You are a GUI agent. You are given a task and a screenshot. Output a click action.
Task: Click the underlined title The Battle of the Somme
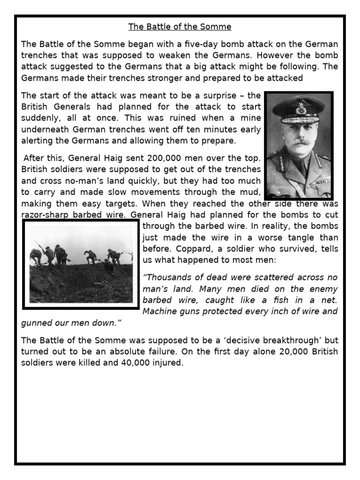180,27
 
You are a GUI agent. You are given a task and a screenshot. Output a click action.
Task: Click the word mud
251,192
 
